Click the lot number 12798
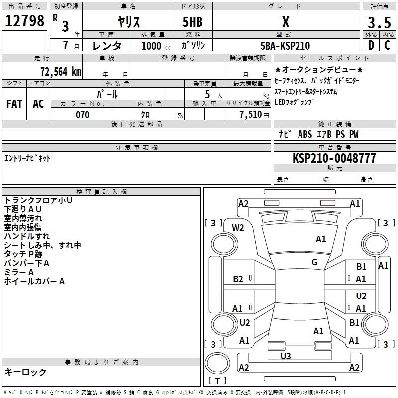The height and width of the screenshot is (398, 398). coord(24,21)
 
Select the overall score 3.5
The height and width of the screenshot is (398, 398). coord(379,22)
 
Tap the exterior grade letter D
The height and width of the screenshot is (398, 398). coord(371,45)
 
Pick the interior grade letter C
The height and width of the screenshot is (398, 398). coord(387,45)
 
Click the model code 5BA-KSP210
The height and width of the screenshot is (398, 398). coord(285,46)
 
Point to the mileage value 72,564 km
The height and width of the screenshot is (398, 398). coord(61,72)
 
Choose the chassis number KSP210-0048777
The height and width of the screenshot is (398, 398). coord(334,158)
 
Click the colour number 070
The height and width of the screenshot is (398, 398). coord(83,115)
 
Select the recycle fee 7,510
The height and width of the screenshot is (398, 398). coord(251,115)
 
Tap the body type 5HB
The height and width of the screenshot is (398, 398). coord(193,22)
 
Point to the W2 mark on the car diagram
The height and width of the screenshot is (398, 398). coord(238,228)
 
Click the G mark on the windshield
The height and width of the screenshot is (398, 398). coord(314,262)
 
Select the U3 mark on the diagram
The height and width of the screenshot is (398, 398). coord(286,356)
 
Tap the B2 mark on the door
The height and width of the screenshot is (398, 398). coord(238,279)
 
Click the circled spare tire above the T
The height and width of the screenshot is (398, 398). coord(217,364)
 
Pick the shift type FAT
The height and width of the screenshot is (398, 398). coord(14,104)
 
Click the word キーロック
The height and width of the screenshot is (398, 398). coord(25,372)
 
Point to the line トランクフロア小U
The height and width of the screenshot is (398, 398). coord(38,200)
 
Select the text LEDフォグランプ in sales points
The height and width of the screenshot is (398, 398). coord(294,102)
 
